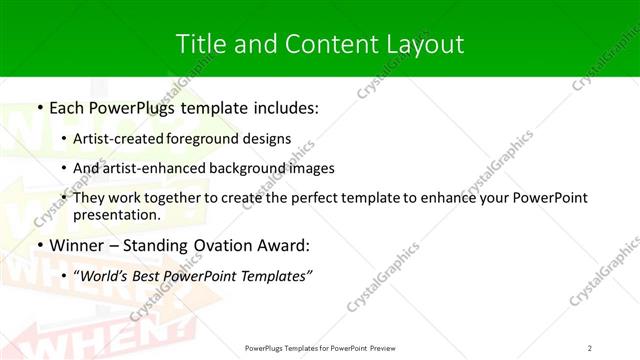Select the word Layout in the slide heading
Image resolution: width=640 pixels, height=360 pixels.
coord(425,43)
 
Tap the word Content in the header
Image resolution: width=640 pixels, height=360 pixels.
coord(320,43)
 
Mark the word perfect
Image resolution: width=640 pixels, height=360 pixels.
coord(319,198)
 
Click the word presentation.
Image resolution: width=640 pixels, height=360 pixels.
coord(117,214)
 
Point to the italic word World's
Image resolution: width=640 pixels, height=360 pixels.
coord(109,277)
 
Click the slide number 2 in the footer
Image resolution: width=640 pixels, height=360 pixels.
coord(590,348)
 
